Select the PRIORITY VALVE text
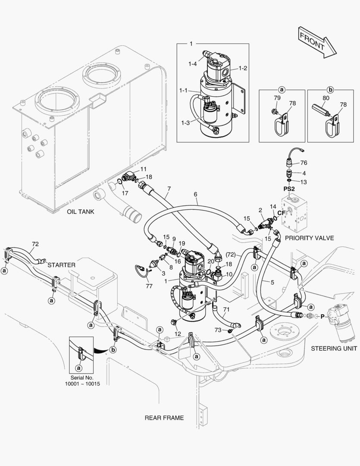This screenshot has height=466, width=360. coord(309,238)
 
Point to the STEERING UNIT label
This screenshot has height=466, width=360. coord(334,348)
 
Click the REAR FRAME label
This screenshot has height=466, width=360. coord(164,418)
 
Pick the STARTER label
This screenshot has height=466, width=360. coord(62,264)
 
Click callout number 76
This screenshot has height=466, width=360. coord(304,163)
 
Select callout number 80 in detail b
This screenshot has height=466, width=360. coord(326,98)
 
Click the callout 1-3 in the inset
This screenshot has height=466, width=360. coord(185,123)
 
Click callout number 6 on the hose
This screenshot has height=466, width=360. coord(196,195)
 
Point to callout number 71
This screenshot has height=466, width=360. coord(226,310)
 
